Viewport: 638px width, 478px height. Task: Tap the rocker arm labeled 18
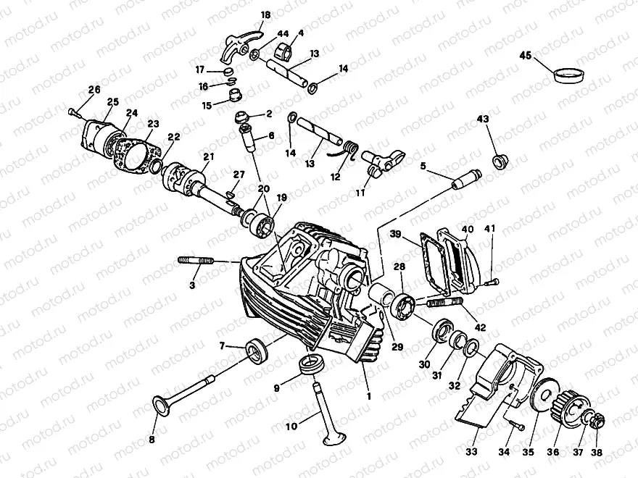239,44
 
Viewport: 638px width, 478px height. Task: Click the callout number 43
483,118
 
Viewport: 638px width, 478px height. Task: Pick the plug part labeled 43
498,161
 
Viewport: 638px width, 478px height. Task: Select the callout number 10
291,427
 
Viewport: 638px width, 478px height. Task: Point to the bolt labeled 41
493,281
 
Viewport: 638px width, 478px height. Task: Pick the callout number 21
209,156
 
